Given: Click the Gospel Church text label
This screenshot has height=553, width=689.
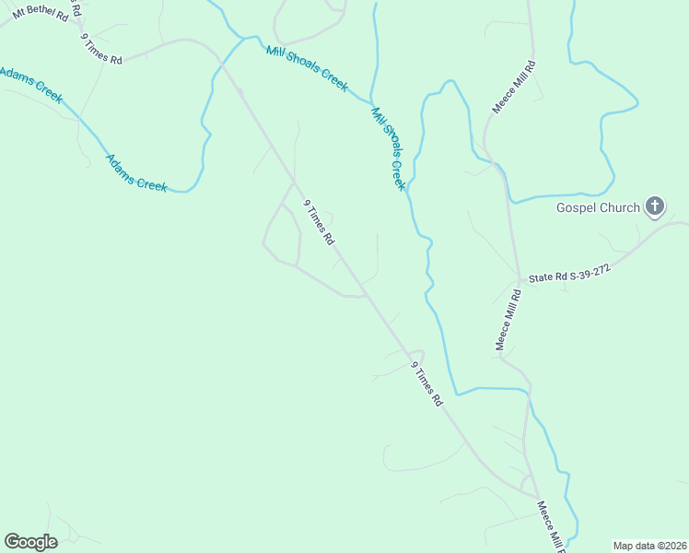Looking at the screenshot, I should tap(597, 207).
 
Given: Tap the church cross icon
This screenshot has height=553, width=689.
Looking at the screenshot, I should tap(654, 206).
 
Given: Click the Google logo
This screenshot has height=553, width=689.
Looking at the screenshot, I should tap(30, 542).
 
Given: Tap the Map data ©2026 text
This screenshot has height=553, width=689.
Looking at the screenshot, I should tap(649, 546).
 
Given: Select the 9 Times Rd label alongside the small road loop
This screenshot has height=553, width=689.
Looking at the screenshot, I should tap(319, 222).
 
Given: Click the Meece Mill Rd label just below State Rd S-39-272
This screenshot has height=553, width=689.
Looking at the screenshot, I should tap(508, 320).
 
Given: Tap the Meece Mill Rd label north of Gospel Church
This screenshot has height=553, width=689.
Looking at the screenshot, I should tap(513, 87).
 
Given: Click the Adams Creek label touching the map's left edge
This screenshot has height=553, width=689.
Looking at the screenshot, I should tap(30, 84).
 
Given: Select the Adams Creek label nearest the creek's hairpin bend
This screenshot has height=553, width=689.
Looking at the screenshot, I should tap(136, 172).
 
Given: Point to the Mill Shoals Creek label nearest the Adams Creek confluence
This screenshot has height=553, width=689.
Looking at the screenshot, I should tap(307, 68).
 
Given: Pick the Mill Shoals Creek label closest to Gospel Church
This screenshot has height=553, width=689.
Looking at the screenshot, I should tap(388, 147).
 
